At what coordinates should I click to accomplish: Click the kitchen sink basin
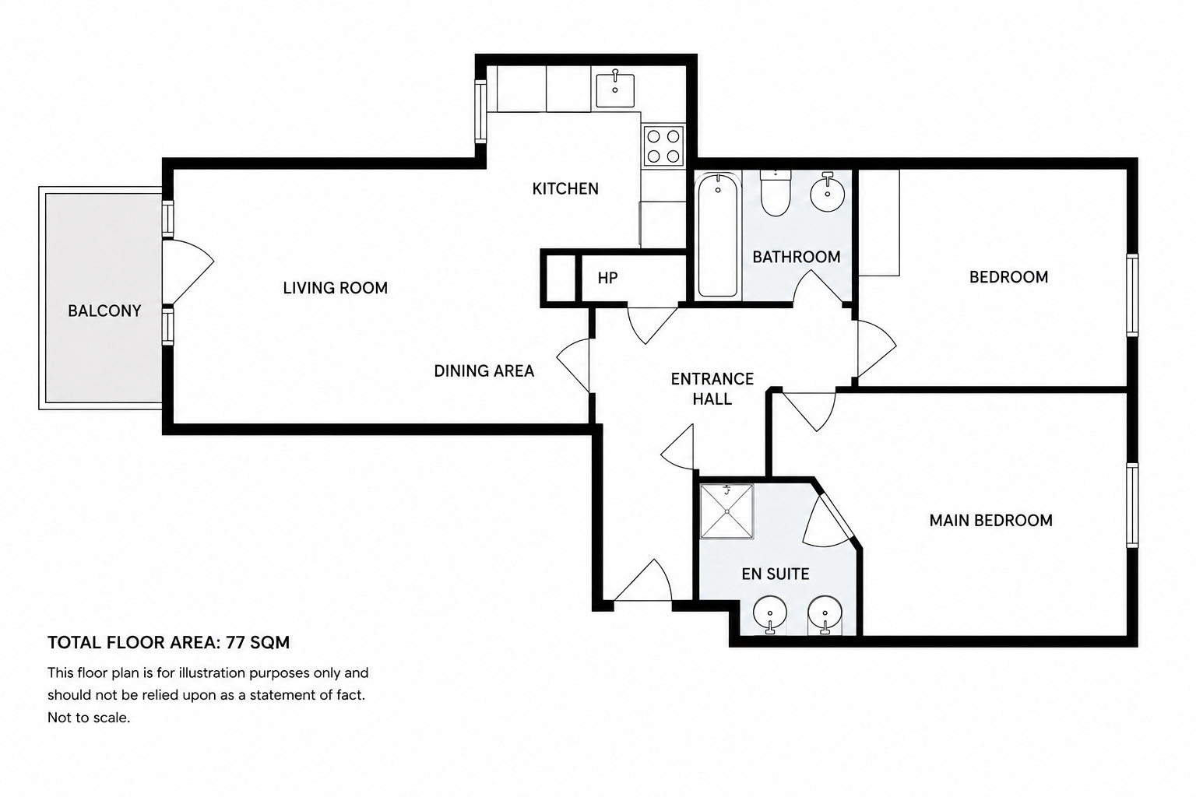click(615, 90)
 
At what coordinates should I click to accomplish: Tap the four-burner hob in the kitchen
click(663, 146)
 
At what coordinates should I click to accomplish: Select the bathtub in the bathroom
click(718, 235)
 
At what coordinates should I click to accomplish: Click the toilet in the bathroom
click(776, 193)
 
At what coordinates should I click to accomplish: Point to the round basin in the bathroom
click(827, 193)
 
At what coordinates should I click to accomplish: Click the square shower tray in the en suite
click(726, 511)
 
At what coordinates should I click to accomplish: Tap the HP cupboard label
click(607, 278)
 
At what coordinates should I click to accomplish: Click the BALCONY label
click(104, 311)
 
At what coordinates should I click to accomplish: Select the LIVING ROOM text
click(336, 288)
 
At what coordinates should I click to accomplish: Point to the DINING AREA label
click(484, 371)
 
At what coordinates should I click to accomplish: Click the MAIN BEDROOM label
click(991, 521)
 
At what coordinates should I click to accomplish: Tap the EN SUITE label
click(776, 574)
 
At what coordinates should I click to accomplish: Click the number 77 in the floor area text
click(235, 642)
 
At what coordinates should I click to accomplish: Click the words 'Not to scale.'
click(89, 718)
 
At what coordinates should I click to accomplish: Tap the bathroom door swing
click(821, 286)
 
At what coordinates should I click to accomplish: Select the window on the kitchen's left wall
click(480, 111)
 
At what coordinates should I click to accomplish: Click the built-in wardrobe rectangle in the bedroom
click(879, 223)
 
